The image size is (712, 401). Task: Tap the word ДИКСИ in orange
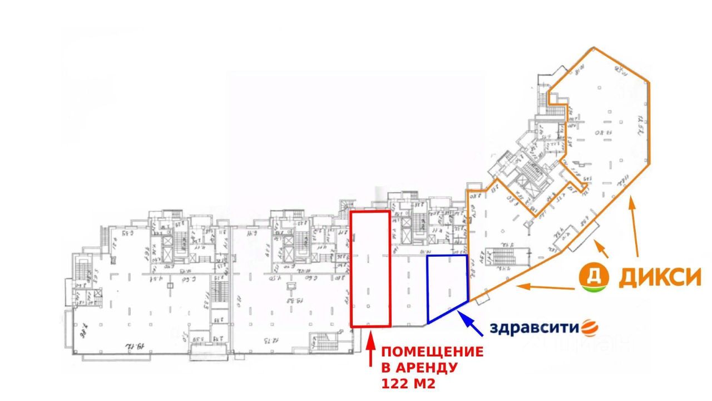(660, 276)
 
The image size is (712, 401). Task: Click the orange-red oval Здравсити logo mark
(589, 327)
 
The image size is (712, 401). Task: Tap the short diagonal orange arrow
(601, 248)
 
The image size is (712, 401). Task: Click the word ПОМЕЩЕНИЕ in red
(432, 352)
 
